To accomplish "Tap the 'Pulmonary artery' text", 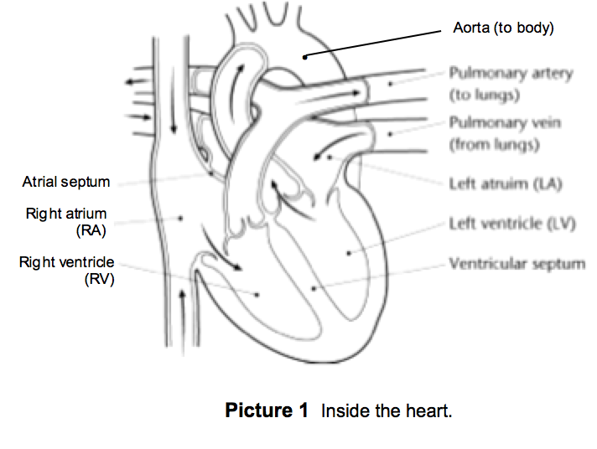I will pos(511,74).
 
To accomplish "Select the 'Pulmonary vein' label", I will pos(505,123).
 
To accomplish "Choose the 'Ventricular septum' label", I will pos(517,264).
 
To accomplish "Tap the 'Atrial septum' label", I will pos(67,182).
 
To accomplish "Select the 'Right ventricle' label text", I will pos(66,262).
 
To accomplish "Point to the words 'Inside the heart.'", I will pos(387,411).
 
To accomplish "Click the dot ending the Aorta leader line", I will pos(306,56).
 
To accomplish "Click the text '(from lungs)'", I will pos(493,144).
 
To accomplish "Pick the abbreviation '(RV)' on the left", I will pos(97,279).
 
